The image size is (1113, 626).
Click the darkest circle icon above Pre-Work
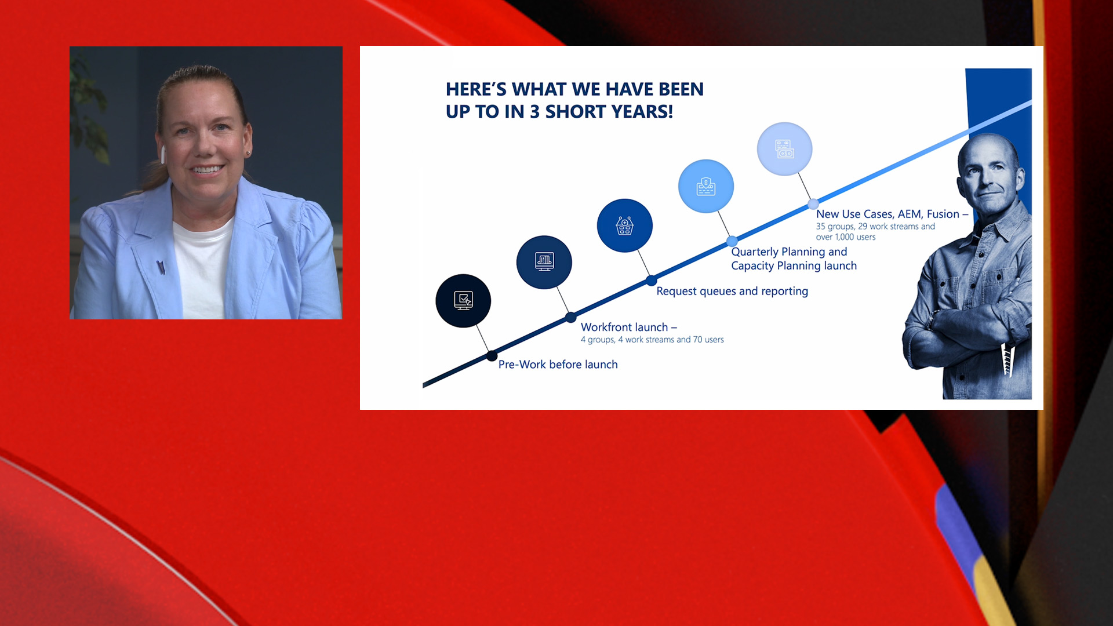tap(463, 301)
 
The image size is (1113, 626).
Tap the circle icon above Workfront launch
tap(544, 262)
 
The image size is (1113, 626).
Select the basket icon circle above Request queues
tap(625, 225)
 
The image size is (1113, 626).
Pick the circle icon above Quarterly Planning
tap(706, 186)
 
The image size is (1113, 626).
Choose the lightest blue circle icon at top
tap(785, 149)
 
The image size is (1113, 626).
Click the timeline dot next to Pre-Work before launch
tap(492, 355)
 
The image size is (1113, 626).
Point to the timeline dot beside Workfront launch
tap(571, 317)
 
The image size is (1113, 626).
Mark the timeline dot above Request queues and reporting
tap(652, 280)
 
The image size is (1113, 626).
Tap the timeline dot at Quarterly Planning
tap(732, 241)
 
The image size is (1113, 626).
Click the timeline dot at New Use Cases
tap(813, 203)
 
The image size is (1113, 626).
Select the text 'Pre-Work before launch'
tap(558, 364)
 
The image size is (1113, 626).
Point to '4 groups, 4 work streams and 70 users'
tap(652, 340)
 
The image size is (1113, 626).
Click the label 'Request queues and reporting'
tap(732, 291)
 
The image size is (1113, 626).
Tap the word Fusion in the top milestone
tap(943, 214)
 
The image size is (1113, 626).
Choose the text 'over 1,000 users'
tap(846, 237)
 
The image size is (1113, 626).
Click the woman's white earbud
tap(163, 154)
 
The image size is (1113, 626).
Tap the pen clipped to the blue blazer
tap(161, 267)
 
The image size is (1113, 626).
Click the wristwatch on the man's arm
tap(932, 319)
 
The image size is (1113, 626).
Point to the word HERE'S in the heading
tap(476, 89)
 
